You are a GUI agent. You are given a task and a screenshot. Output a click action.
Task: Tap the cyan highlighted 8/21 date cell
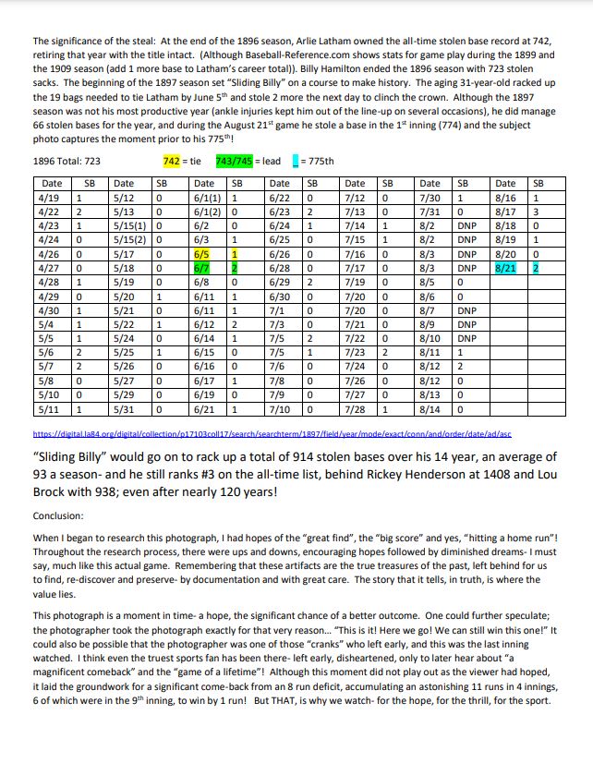coord(505,267)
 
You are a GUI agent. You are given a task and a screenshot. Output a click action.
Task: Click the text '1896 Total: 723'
coord(67,161)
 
